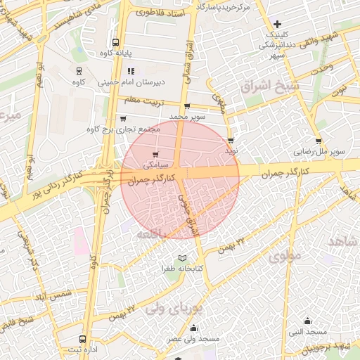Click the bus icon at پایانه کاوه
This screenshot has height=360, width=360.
pos(115,41)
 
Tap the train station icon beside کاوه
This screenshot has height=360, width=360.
pos(79,70)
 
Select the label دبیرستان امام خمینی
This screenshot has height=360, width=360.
pos(160,82)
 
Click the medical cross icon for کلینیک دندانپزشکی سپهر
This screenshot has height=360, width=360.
pos(278,23)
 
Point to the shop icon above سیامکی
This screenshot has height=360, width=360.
pos(155,154)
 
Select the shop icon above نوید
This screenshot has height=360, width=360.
pos(231,141)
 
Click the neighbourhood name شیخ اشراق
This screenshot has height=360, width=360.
pos(269,86)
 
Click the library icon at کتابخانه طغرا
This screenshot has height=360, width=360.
pos(184,258)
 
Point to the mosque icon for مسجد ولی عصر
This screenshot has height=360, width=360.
pos(194,328)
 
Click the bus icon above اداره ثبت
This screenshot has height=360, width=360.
pos(84,338)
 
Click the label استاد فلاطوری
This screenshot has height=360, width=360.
pos(161,13)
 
